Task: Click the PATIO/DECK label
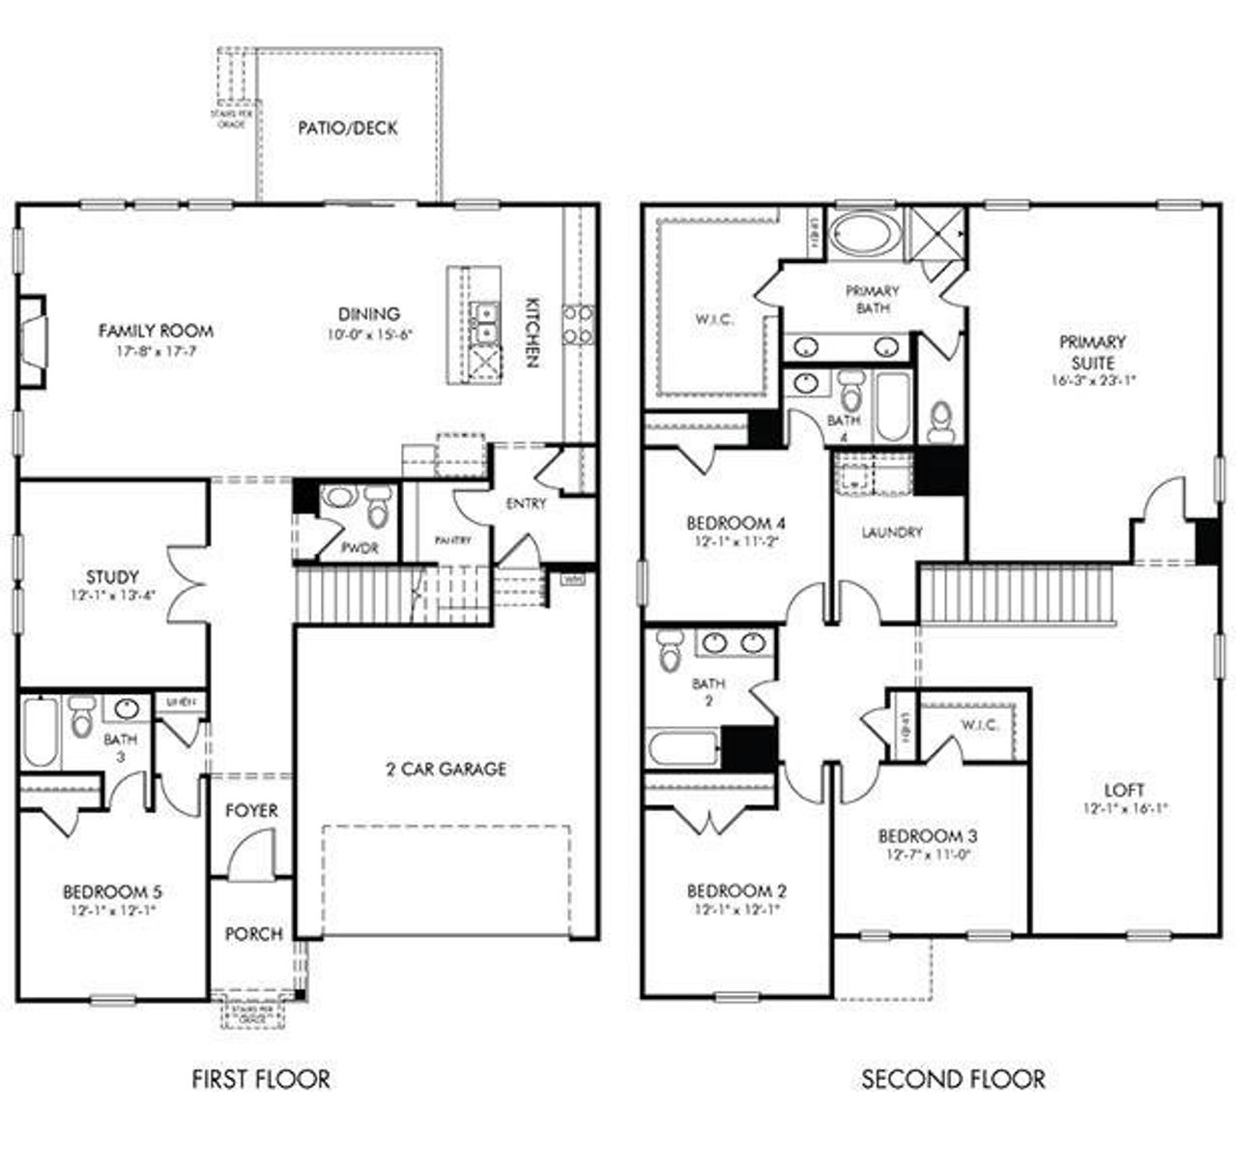pyautogui.click(x=347, y=128)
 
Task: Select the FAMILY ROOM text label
pyautogui.click(x=156, y=331)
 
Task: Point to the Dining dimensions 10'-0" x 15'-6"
pyautogui.click(x=369, y=335)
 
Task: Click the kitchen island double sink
pyautogui.click(x=485, y=322)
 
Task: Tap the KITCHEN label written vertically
pyautogui.click(x=531, y=332)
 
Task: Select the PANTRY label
pyautogui.click(x=452, y=540)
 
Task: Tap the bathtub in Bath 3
pyautogui.click(x=41, y=732)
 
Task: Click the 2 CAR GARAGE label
pyautogui.click(x=446, y=770)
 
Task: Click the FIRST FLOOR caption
pyautogui.click(x=260, y=1078)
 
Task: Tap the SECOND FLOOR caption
pyautogui.click(x=952, y=1078)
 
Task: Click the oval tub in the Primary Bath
pyautogui.click(x=865, y=234)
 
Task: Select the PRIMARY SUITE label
pyautogui.click(x=1092, y=351)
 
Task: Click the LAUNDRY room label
pyautogui.click(x=891, y=532)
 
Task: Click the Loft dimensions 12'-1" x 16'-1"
pyautogui.click(x=1125, y=807)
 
